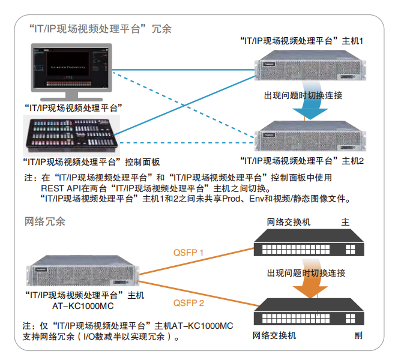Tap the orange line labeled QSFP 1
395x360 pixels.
198,263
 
